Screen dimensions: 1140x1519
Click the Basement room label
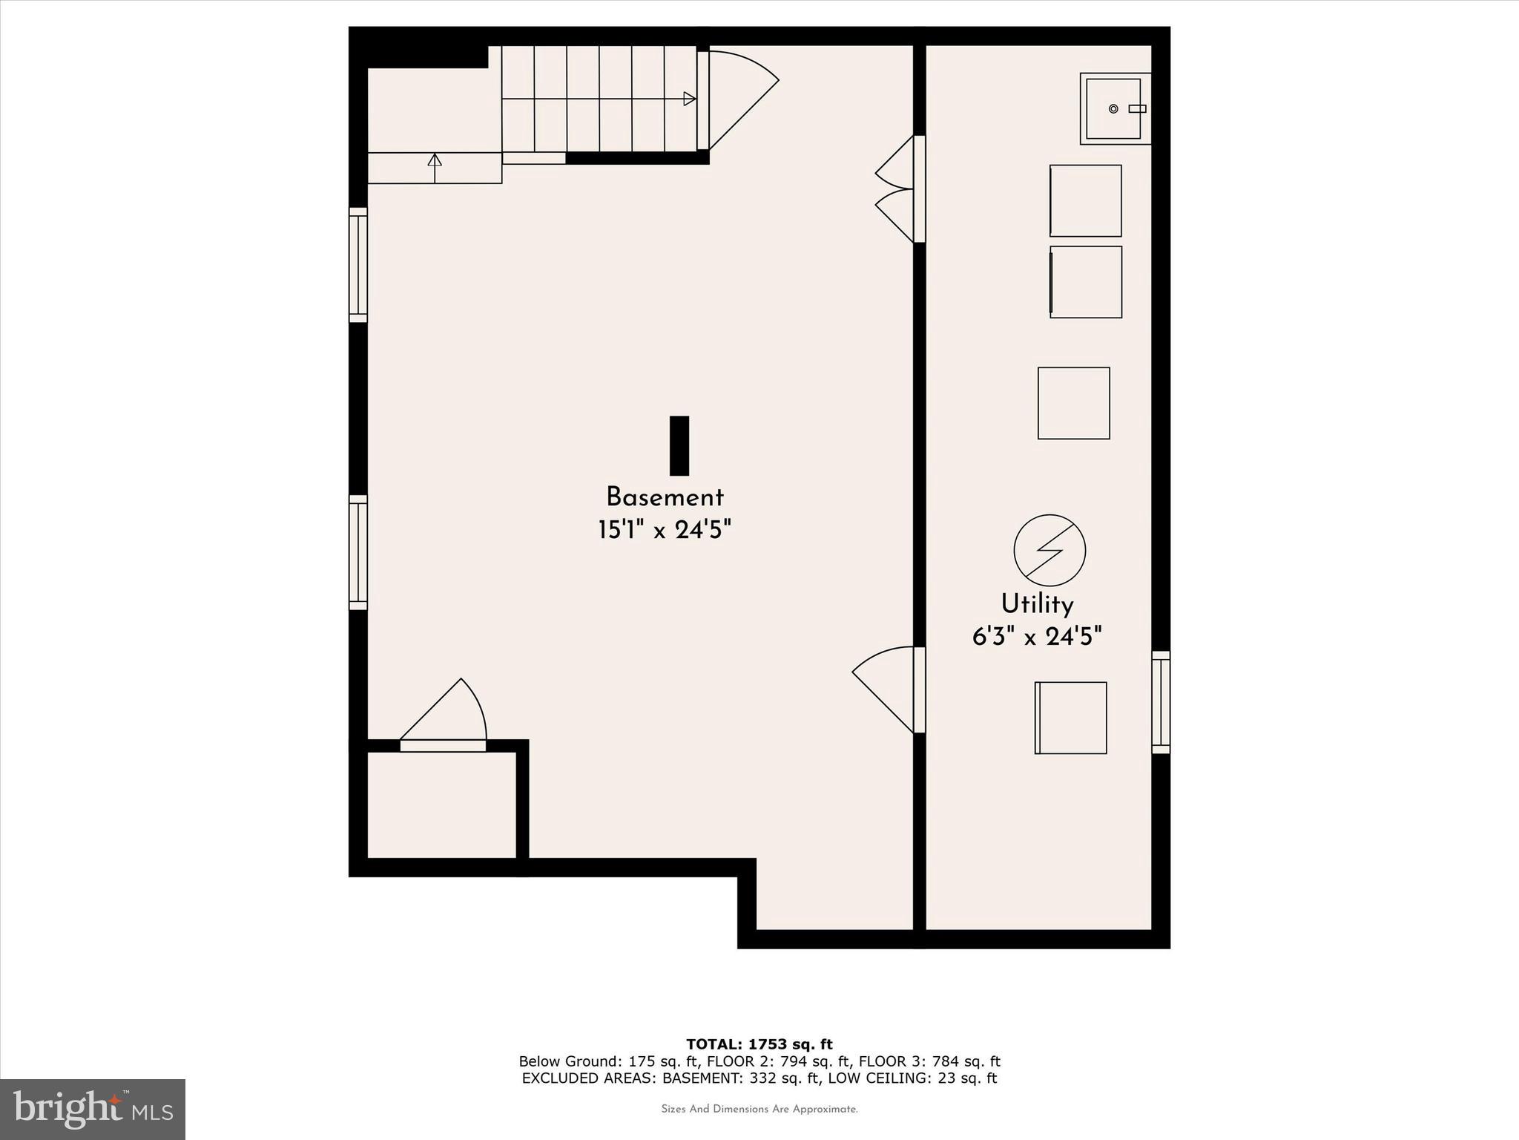pos(665,497)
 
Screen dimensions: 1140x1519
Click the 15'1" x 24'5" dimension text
pos(665,530)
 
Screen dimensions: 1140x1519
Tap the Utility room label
pos(1037,604)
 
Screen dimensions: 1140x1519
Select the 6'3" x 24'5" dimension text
pos(1037,637)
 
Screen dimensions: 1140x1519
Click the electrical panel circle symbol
pos(1050,550)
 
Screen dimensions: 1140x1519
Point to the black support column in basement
pos(679,445)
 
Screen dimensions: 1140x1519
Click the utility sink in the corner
pos(1114,108)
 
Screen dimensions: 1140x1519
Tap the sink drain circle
pos(1113,109)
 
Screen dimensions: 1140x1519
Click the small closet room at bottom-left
pos(441,805)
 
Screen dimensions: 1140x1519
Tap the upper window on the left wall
pos(358,265)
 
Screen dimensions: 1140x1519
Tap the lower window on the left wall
pos(358,552)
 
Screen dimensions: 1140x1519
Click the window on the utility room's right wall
pos(1161,702)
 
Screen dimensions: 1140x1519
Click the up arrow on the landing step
pos(435,160)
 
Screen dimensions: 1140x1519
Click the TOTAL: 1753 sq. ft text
pos(759,1044)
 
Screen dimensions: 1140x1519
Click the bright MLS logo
pos(93,1110)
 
